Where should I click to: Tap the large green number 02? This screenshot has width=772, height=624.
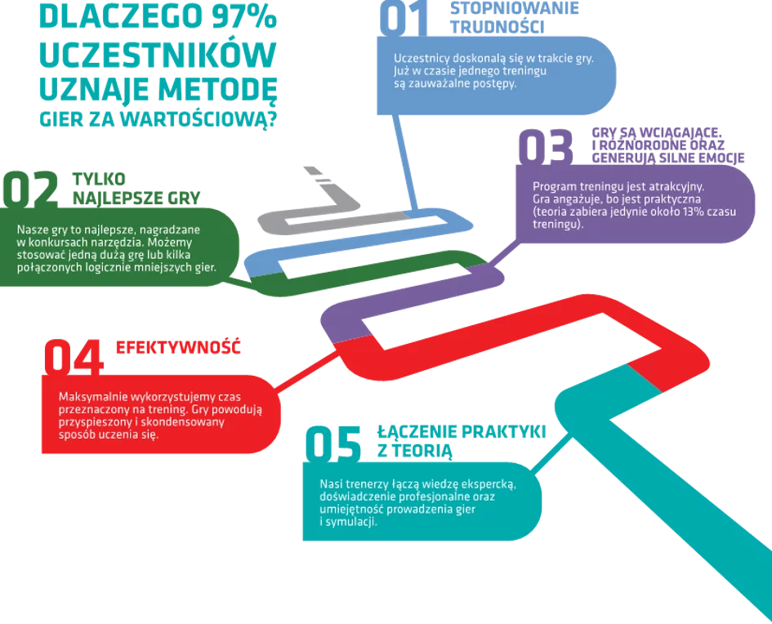point(31,189)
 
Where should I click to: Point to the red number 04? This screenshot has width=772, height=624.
point(74,358)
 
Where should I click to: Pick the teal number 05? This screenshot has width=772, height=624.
point(332,443)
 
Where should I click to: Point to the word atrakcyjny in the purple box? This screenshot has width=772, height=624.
point(672,186)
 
